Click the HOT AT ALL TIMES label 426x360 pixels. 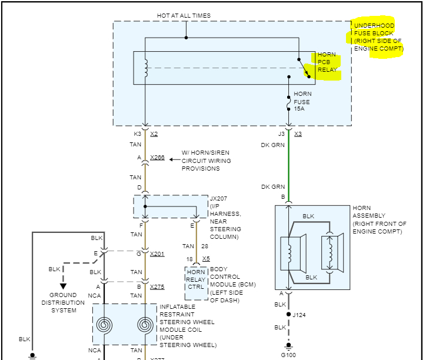click(184, 15)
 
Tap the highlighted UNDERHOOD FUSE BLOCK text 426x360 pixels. click(377, 37)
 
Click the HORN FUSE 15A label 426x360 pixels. click(302, 101)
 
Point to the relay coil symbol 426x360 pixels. click(145, 68)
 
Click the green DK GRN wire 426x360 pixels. click(288, 165)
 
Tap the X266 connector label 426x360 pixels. click(157, 157)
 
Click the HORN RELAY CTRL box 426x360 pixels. click(196, 279)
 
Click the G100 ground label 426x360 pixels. click(289, 355)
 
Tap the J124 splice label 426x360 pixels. click(300, 315)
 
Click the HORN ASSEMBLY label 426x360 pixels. click(379, 220)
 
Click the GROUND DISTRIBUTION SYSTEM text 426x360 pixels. click(63, 302)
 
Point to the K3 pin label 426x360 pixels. click(138, 134)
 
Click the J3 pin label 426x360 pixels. click(281, 134)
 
